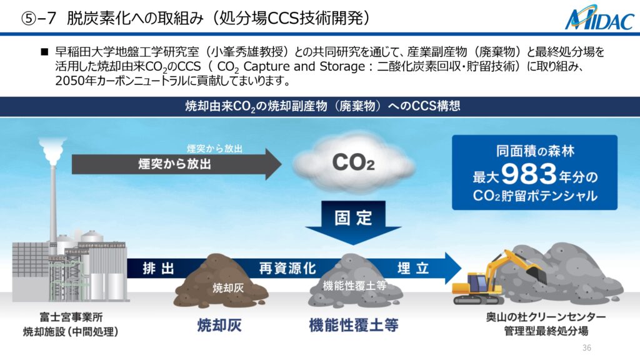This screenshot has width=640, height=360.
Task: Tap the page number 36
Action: [x=586, y=347]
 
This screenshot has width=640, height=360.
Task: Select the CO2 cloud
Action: [x=354, y=162]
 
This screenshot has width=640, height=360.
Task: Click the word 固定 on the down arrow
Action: [x=353, y=217]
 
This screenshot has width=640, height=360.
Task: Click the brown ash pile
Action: [x=221, y=281]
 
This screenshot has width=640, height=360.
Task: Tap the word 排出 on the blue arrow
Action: [x=159, y=269]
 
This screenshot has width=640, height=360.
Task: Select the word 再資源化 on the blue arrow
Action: [x=287, y=269]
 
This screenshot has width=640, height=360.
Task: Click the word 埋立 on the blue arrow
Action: [x=413, y=268]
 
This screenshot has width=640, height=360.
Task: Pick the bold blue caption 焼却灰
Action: [x=219, y=325]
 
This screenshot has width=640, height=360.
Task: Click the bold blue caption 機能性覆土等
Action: [x=354, y=325]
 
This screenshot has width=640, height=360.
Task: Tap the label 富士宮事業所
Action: [x=71, y=317]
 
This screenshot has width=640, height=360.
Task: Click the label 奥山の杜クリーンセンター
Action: [x=546, y=317]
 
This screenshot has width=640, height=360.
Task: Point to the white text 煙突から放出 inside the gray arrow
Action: [x=175, y=164]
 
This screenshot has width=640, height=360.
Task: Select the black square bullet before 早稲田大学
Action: [x=44, y=52]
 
